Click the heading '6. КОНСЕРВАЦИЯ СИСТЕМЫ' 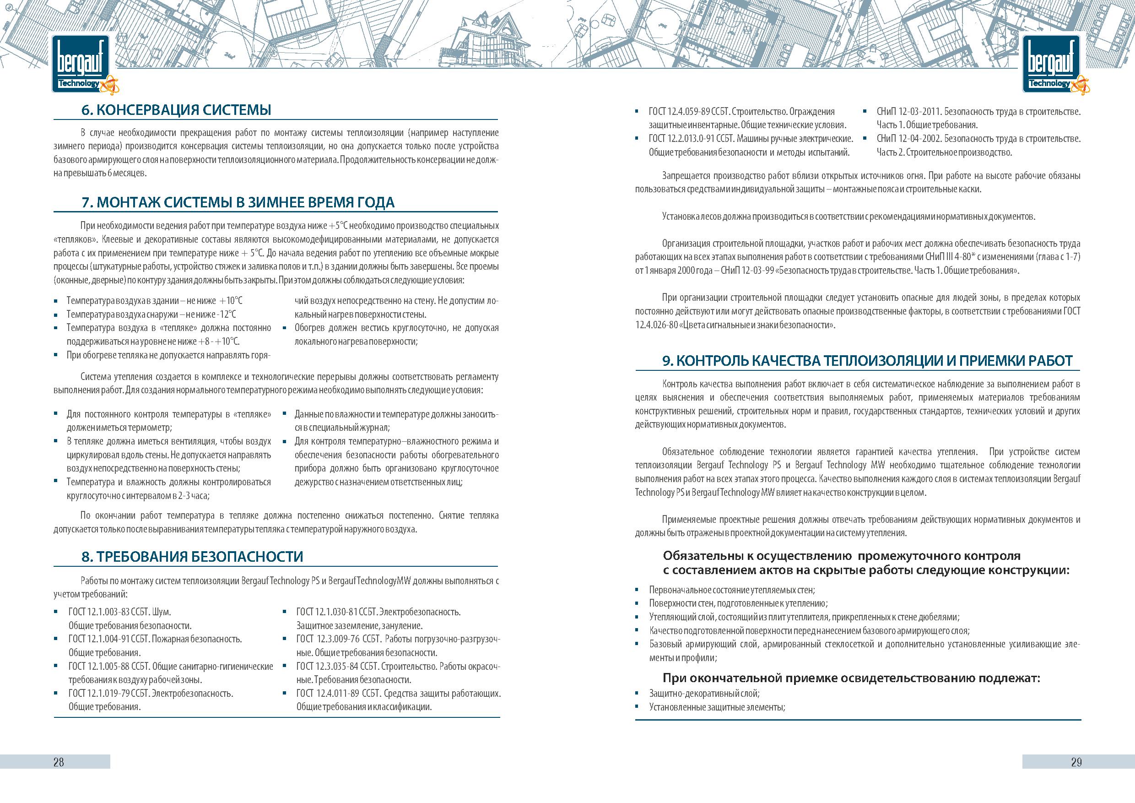[x=176, y=110]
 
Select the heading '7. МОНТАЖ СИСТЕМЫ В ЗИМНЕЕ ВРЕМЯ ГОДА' [x=238, y=203]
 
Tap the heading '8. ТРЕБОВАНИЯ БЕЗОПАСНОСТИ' [x=192, y=557]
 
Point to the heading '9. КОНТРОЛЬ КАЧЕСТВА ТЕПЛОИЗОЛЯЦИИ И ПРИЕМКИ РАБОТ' [x=867, y=361]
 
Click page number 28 [x=58, y=762]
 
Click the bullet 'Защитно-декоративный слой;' [x=704, y=694]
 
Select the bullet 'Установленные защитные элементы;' [x=717, y=707]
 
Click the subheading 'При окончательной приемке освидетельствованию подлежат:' [x=851, y=678]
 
